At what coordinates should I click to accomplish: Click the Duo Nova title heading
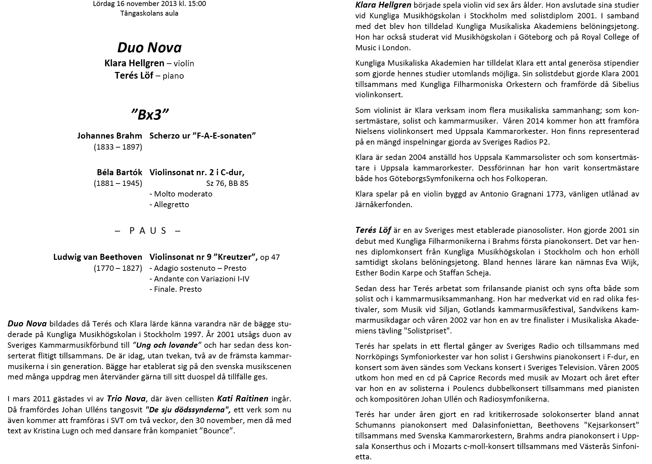point(150,47)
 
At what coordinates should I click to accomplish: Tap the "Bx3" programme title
point(150,115)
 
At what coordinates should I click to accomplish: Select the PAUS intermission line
point(148,231)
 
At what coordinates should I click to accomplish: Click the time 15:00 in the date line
point(197,4)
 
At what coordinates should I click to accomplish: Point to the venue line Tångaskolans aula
point(150,14)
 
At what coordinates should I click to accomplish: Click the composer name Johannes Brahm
point(110,136)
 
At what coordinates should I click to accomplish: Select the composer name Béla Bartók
point(120,173)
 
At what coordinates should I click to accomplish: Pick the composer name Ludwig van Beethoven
point(98,257)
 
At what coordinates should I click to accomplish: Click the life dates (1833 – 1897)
point(118,147)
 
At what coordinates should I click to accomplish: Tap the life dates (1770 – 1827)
point(118,268)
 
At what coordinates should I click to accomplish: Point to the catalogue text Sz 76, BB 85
point(227,183)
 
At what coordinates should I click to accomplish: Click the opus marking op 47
point(270,257)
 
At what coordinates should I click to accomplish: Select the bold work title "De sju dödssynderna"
point(188,409)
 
